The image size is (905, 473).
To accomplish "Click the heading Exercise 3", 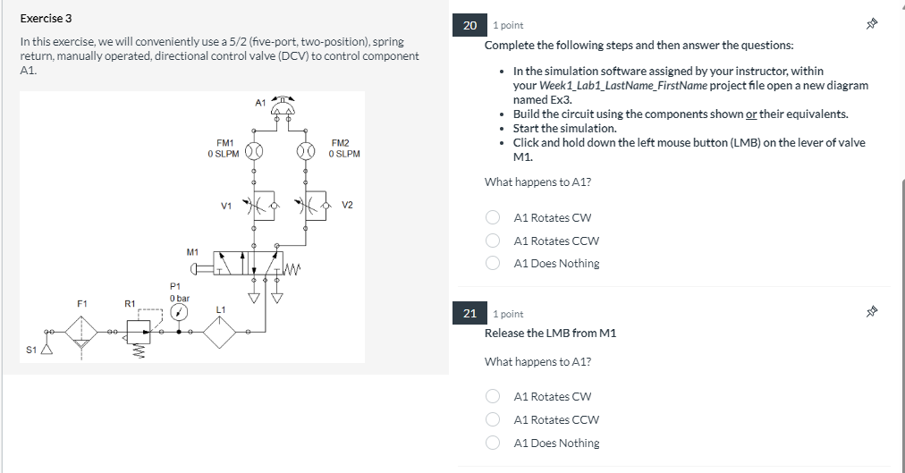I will point(47,18).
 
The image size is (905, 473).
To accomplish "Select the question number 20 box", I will point(470,25).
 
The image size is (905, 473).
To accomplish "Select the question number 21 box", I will point(470,313).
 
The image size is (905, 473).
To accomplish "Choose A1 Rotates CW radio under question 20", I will point(493,217).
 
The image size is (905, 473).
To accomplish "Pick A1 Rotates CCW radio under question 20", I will point(493,241).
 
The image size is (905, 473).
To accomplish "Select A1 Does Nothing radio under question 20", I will point(493,264).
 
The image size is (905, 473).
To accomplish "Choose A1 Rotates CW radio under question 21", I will point(493,397).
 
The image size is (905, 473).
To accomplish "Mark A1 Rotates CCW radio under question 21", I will point(493,420).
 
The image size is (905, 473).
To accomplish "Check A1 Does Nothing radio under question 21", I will point(493,443).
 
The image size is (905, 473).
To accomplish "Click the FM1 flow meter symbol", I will point(254,149).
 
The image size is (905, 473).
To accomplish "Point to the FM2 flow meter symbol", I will point(307,149).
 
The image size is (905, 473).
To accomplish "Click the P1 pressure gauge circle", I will point(180,312).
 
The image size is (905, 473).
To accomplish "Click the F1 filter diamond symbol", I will point(82,332).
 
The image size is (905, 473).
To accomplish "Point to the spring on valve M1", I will point(295,266).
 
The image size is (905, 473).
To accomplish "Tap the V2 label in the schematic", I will point(347,206).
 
